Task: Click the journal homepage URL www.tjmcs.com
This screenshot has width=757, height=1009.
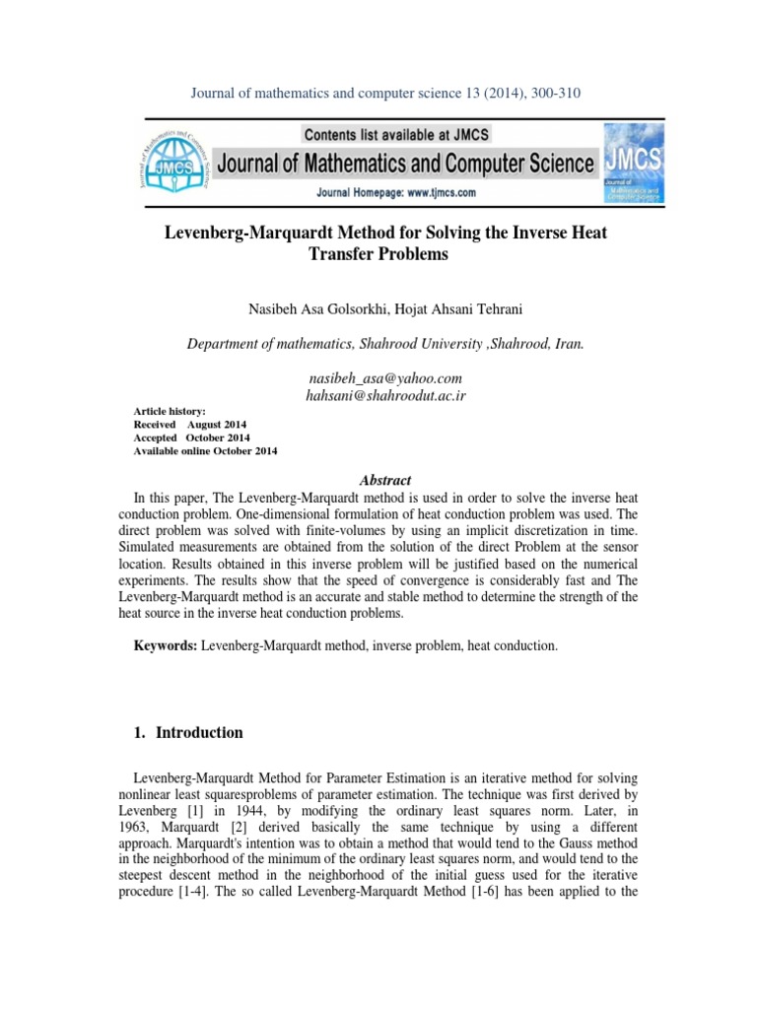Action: click(427, 193)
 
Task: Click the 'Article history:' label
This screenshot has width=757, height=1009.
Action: click(170, 410)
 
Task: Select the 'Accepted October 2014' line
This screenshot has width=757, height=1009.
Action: click(191, 437)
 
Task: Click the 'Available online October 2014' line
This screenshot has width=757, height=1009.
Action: click(205, 450)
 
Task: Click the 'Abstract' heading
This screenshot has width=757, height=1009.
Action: click(385, 480)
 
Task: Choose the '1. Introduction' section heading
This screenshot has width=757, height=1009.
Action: click(187, 732)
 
